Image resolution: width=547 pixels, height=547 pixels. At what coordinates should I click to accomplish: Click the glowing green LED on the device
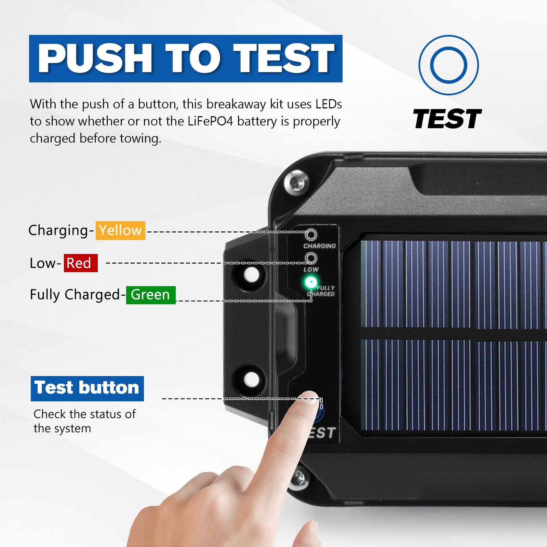tap(310, 282)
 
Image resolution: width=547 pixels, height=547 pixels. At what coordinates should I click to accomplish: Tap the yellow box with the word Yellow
tap(120, 230)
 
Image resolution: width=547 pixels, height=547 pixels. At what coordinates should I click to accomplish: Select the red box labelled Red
tap(81, 263)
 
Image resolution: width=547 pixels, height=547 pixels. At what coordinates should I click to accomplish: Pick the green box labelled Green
tap(151, 295)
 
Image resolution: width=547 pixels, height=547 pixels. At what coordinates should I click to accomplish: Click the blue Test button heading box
tap(87, 388)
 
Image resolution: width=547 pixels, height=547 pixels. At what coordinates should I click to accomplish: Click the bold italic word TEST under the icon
tap(447, 119)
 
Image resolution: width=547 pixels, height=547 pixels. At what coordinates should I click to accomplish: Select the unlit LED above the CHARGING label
tap(311, 235)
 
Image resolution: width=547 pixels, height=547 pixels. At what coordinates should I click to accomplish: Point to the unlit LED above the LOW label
tap(311, 258)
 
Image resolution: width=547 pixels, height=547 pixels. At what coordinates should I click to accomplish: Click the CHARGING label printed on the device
tap(320, 246)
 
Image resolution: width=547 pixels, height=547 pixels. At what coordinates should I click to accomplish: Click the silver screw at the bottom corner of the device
tap(299, 476)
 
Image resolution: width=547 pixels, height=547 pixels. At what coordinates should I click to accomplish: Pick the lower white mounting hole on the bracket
tap(252, 379)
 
